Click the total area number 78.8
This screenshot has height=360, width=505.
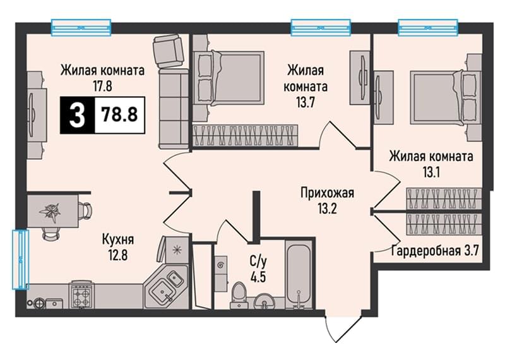(119, 114)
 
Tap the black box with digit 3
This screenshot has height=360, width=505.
(77, 115)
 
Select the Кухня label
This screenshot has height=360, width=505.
(118, 240)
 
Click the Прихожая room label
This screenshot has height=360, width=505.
(327, 193)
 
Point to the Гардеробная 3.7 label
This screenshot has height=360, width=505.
(436, 250)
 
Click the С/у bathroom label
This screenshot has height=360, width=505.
(258, 262)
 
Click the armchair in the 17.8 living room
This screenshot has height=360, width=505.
(169, 51)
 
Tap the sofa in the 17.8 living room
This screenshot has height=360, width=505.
(174, 109)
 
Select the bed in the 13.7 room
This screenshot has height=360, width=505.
(229, 78)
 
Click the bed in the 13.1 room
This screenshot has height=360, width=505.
(446, 97)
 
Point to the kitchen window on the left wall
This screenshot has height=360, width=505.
(20, 259)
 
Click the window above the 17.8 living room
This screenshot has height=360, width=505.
(81, 27)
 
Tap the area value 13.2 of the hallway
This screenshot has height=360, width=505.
(327, 209)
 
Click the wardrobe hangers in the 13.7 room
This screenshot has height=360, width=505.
(245, 135)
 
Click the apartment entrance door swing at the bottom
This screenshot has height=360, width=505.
(342, 327)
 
